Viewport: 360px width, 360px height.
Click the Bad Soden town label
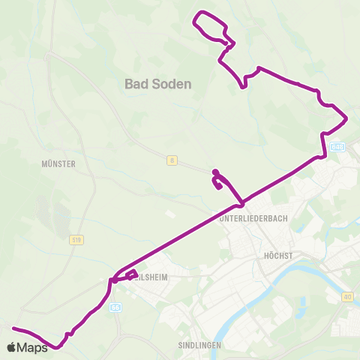pos(158,85)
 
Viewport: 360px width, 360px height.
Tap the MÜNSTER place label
pos(59,163)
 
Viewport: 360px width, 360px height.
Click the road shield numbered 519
pos(76,240)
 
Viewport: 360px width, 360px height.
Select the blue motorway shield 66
pos(115,307)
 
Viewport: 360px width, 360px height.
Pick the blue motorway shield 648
pos(336,148)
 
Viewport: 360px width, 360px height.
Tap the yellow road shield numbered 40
pos(347,297)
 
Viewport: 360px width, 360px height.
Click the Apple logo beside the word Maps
pos(12,347)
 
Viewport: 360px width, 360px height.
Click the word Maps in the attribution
pos(33,348)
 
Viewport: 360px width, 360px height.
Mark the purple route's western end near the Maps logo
pos(13,328)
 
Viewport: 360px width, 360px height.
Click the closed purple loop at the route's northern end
pos(211,26)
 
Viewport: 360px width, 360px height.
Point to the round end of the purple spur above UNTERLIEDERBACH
pos(215,172)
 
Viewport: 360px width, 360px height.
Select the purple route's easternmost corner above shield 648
pos(346,118)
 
